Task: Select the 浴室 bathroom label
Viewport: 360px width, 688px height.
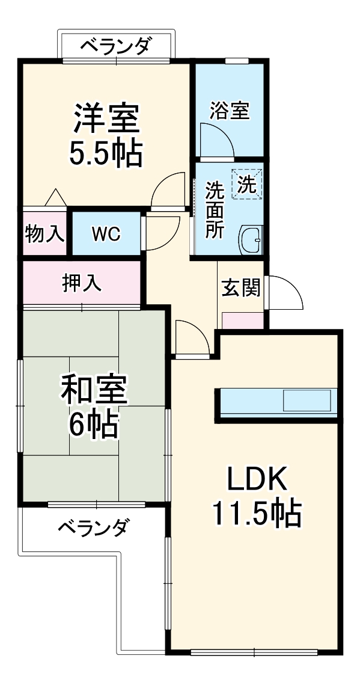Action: [x=229, y=111]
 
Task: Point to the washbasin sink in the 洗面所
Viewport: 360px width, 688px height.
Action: [x=251, y=241]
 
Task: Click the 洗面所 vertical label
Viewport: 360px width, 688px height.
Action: [x=214, y=210]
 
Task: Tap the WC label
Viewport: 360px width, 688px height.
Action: [x=106, y=233]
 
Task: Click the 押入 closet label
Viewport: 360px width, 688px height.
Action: [x=82, y=283]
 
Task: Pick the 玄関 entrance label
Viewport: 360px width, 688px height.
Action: [x=241, y=288]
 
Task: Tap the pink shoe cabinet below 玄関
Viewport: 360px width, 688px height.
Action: [x=243, y=321]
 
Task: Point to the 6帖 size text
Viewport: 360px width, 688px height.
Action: [x=94, y=426]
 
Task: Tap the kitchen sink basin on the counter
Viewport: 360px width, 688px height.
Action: [x=307, y=400]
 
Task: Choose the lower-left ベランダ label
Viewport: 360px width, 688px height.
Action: [x=93, y=528]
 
